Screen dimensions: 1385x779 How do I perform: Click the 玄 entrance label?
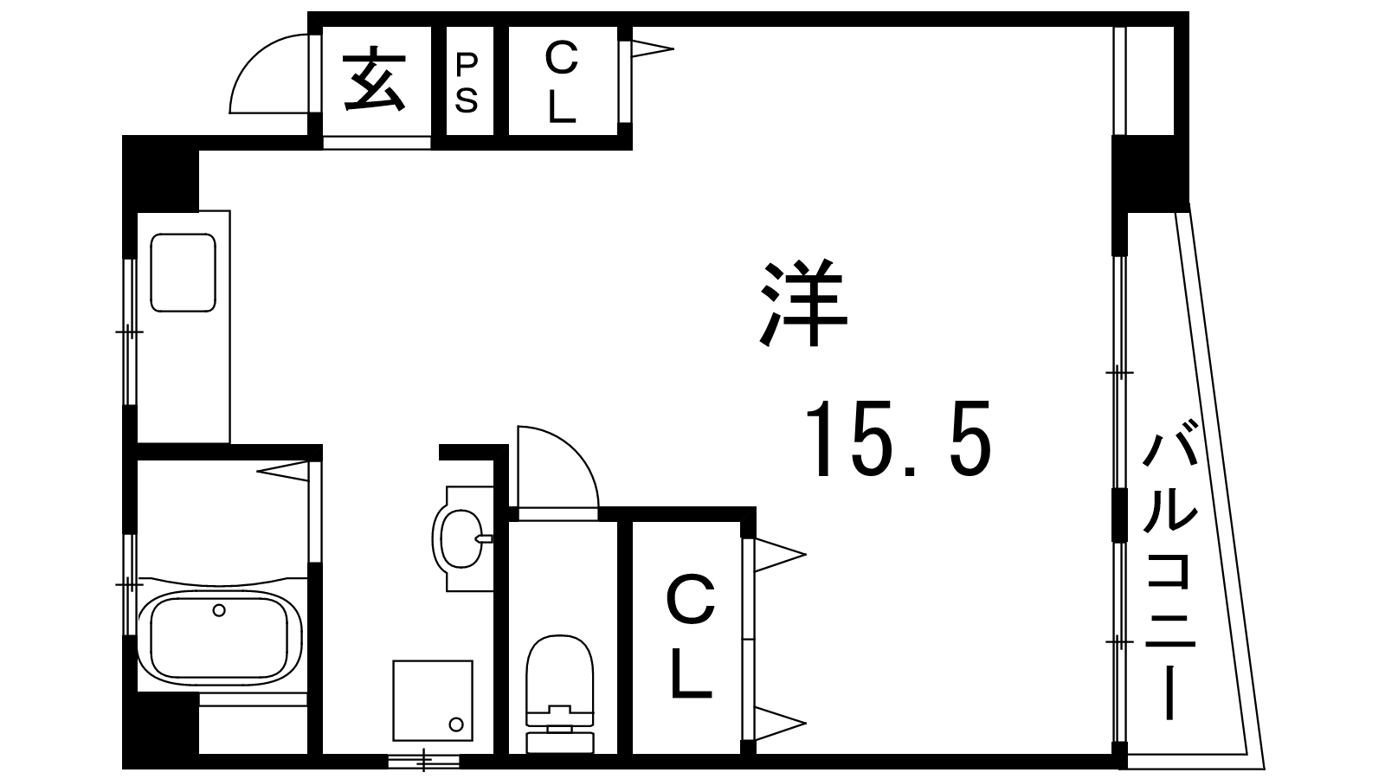375,80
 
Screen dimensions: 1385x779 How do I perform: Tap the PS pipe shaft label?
467,83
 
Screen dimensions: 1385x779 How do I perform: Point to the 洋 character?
803,304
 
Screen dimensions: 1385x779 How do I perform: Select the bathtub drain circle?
219,610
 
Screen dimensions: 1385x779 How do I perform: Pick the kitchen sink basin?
183,273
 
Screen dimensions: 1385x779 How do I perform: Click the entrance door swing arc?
269,74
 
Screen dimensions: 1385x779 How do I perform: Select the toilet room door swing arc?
558,467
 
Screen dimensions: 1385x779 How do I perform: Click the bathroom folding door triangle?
282,472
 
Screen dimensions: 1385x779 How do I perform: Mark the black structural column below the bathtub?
161,731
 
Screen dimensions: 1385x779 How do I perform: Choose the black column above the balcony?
1150,173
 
